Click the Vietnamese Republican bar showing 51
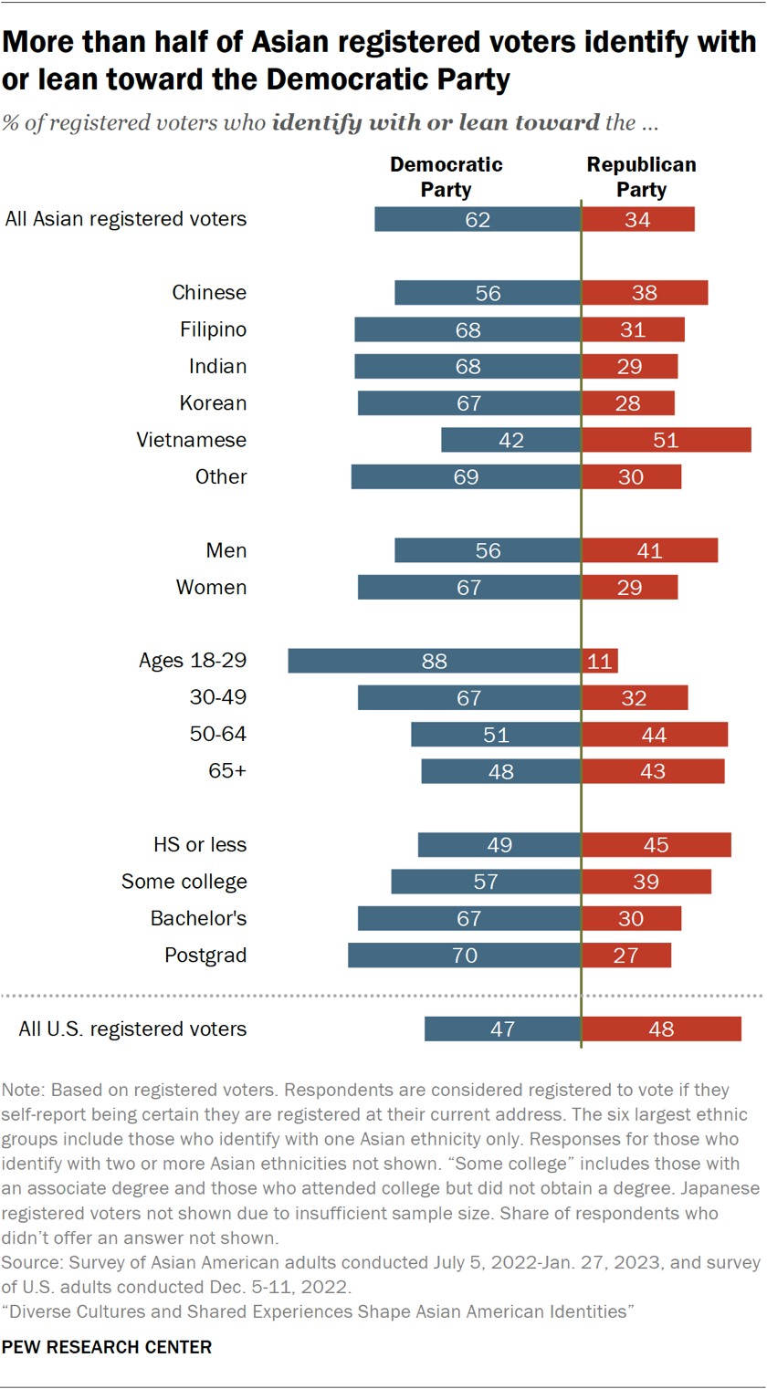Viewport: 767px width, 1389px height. (x=666, y=440)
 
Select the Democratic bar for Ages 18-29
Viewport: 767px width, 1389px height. (x=434, y=661)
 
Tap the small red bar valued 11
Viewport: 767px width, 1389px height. (x=599, y=661)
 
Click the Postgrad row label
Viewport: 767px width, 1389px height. (x=205, y=956)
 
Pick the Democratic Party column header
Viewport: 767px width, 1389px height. (x=446, y=177)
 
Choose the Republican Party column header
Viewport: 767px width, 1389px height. (x=641, y=177)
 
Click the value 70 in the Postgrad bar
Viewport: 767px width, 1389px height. (x=466, y=956)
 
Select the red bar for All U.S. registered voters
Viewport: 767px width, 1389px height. (x=661, y=1029)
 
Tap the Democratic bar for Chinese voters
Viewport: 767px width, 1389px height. (x=488, y=293)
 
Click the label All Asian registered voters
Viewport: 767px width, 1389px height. (x=126, y=219)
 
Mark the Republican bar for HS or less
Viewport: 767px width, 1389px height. (x=656, y=845)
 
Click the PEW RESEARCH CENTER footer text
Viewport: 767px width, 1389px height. (x=108, y=1347)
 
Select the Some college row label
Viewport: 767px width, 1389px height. (x=184, y=882)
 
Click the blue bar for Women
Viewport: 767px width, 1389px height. (x=468, y=588)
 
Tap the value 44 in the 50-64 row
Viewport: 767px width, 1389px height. (x=654, y=735)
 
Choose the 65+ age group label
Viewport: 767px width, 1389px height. (x=227, y=771)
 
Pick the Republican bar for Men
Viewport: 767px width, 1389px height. (x=649, y=550)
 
